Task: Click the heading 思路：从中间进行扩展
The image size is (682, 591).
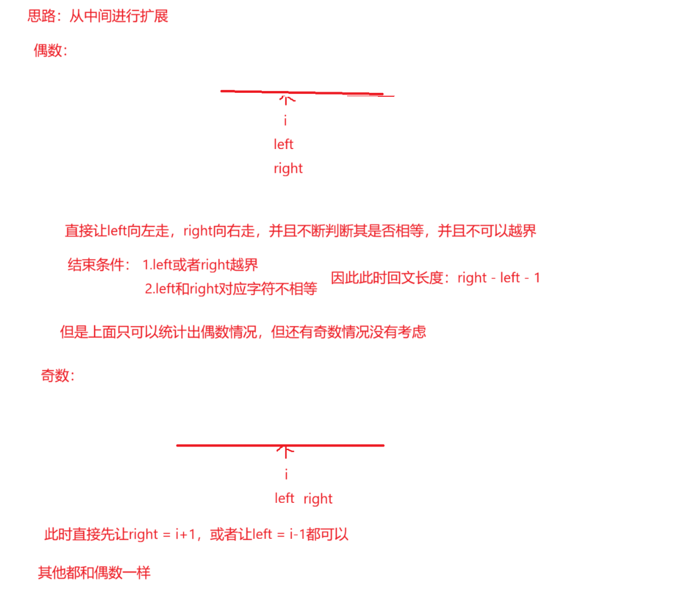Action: point(98,16)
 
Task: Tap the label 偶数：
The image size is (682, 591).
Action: point(50,51)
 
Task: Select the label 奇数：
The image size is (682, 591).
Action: point(57,376)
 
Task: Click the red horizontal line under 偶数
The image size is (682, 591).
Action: point(302,92)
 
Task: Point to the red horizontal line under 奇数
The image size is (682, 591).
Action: point(280,445)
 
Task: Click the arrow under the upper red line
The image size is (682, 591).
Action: point(287,100)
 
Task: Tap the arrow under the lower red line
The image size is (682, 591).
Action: point(286,451)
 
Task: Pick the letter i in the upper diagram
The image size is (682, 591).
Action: point(285,121)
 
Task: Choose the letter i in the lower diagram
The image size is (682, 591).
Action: point(286,474)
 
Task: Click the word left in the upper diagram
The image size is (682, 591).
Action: point(284,144)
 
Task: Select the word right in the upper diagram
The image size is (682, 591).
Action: point(288,168)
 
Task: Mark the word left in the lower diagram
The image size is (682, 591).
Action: point(284,498)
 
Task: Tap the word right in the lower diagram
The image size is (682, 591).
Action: point(317,499)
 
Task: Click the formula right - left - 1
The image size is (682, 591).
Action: point(499,278)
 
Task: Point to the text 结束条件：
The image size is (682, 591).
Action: point(99,265)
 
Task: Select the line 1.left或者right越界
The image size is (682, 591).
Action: point(200,265)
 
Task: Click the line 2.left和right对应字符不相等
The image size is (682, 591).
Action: point(231,289)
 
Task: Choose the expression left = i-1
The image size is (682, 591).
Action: point(283,534)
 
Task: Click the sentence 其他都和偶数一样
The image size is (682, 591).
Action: point(94,573)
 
